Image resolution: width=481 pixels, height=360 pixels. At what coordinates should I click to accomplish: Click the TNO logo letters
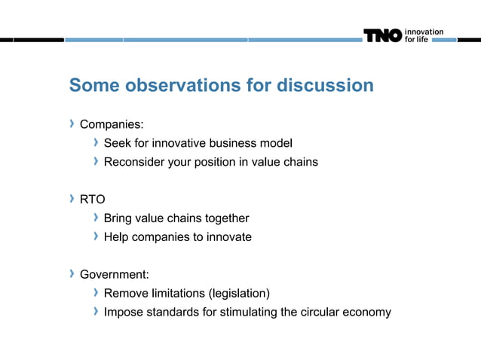click(383, 35)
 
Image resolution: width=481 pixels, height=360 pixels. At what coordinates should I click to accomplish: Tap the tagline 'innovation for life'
click(424, 35)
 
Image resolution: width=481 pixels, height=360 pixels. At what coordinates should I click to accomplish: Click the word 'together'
click(224, 218)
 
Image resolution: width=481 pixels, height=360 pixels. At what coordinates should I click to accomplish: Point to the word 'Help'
click(116, 237)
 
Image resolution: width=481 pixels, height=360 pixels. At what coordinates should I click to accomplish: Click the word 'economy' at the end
click(367, 312)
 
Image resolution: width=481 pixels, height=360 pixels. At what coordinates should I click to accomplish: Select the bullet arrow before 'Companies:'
click(72, 123)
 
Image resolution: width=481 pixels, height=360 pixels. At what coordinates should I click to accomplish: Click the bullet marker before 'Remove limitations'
click(96, 292)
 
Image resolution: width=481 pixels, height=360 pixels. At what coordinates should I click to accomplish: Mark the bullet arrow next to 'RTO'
click(72, 199)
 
